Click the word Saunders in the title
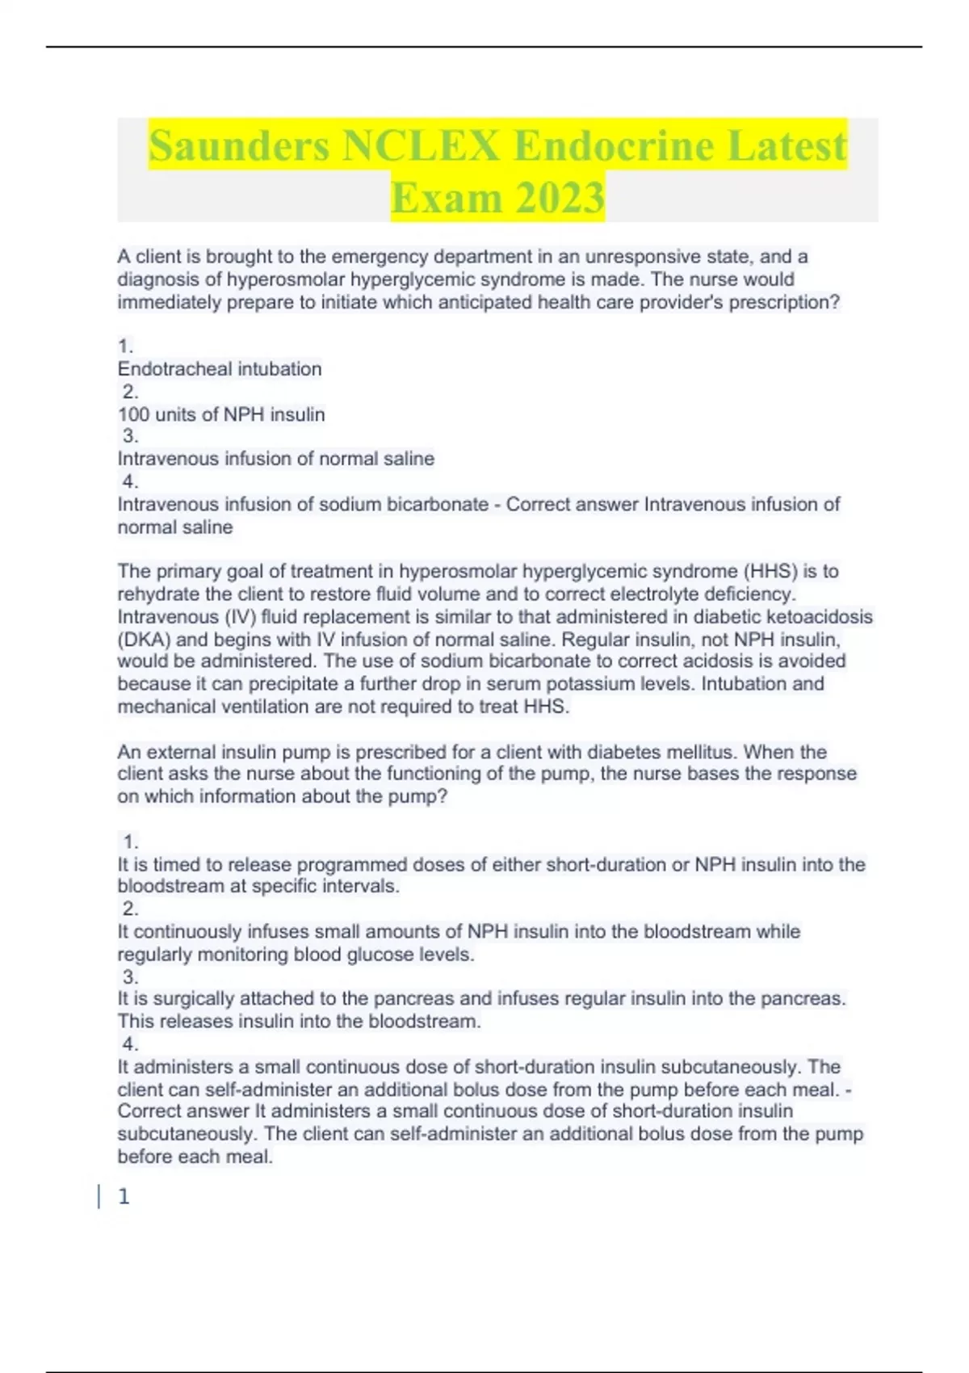pos(239,146)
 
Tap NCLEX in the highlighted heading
pos(421,146)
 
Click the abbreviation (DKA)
pos(144,640)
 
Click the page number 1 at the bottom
pos(124,1197)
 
